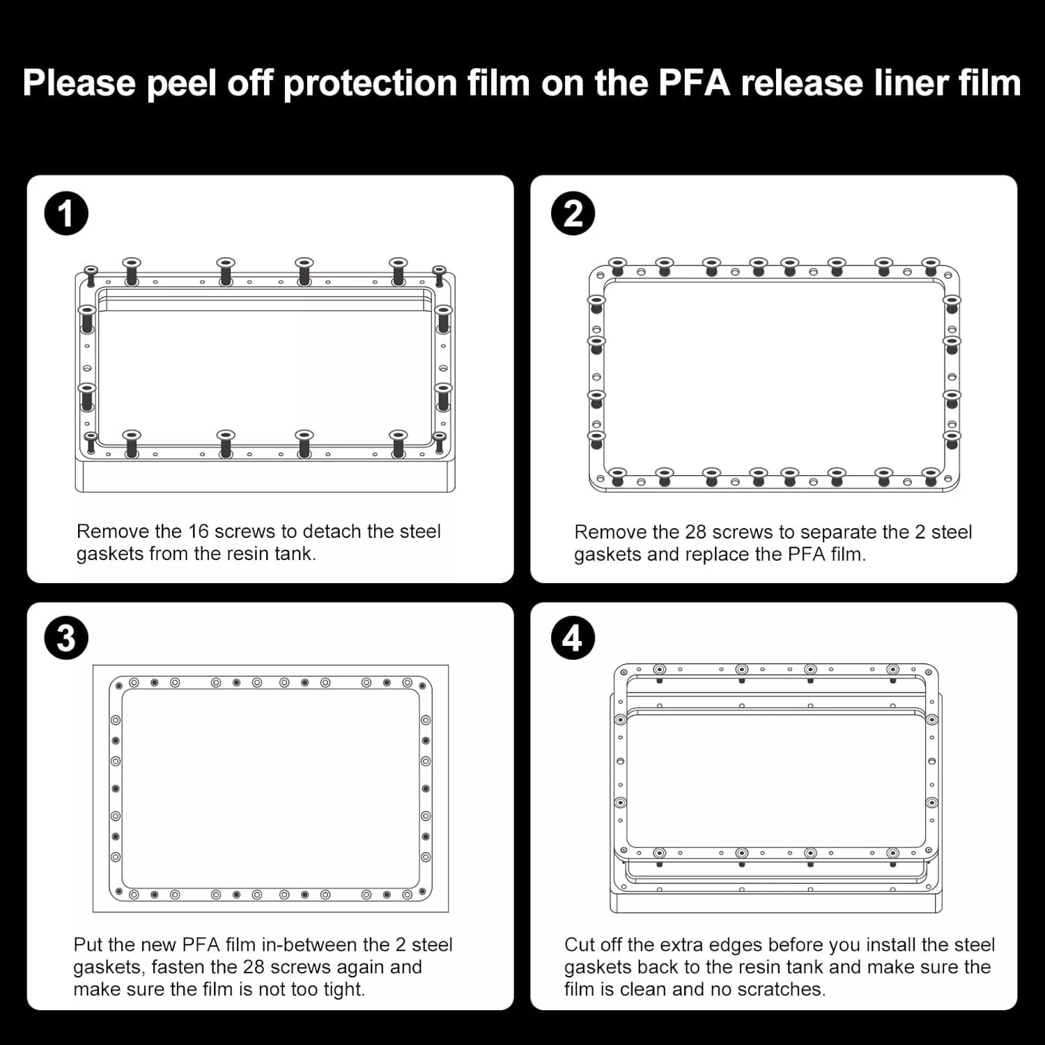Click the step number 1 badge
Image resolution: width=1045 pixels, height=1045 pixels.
(x=66, y=214)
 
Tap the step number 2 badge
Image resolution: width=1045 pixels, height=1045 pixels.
(x=573, y=214)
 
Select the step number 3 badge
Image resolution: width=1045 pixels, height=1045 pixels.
(x=66, y=638)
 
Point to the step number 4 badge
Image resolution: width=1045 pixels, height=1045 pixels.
(x=573, y=638)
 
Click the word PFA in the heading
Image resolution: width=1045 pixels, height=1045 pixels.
(x=695, y=82)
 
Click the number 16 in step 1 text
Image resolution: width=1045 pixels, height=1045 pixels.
(x=198, y=532)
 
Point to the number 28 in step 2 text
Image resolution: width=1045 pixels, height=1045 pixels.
(x=696, y=532)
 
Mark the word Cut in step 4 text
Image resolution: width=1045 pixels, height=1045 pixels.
(x=580, y=945)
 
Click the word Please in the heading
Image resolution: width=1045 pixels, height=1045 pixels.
(x=79, y=84)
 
